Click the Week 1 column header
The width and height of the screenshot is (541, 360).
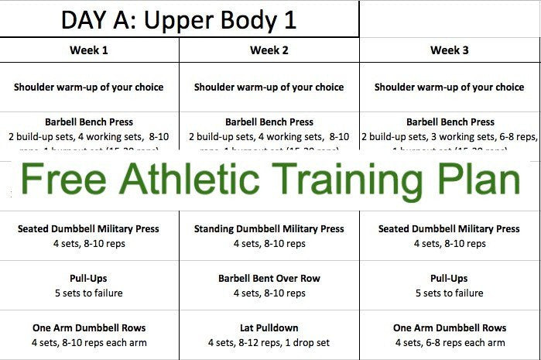click(89, 51)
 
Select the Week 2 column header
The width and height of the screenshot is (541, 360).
click(269, 51)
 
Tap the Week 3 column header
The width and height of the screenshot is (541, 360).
click(450, 51)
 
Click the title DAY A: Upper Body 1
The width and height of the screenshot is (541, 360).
click(179, 19)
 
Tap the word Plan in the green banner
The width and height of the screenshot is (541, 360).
click(473, 180)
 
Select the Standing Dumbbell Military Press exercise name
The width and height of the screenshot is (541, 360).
click(269, 229)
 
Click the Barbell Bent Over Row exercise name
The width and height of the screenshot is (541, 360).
click(269, 279)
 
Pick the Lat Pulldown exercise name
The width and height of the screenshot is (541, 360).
click(269, 328)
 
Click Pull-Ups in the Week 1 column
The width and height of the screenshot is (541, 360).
click(89, 279)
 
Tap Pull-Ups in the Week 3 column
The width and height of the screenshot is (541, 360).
click(449, 279)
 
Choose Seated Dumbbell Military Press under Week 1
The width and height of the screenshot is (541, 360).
click(89, 229)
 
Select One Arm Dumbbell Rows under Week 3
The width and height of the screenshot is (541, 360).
click(449, 328)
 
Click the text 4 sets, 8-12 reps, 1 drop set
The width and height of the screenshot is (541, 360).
click(269, 343)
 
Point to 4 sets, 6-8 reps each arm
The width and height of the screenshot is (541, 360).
click(449, 343)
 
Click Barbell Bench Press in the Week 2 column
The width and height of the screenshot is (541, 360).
click(269, 122)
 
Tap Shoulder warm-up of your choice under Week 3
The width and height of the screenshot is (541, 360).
click(449, 87)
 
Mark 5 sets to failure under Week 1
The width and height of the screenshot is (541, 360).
click(89, 293)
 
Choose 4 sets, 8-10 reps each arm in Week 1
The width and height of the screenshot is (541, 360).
click(89, 343)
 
